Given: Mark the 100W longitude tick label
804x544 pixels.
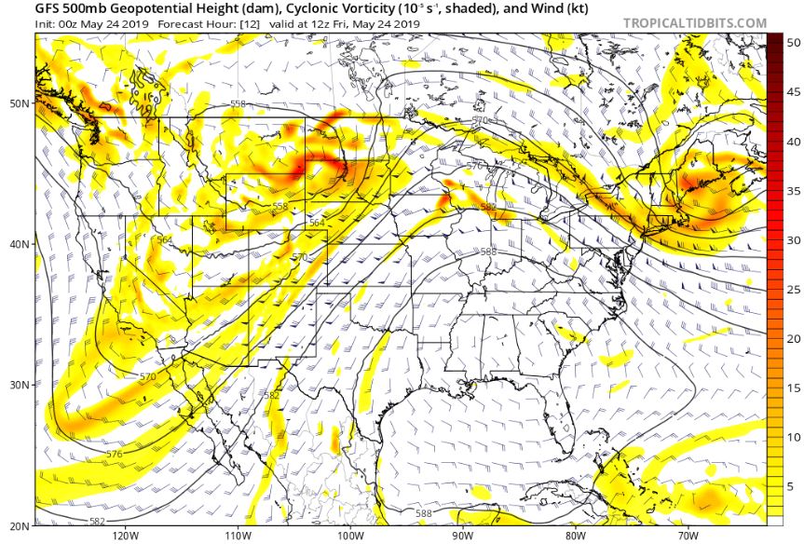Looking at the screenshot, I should (x=349, y=536).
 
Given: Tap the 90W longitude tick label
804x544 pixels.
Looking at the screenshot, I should (x=462, y=536).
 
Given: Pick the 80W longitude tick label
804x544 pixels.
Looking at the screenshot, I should (x=575, y=536).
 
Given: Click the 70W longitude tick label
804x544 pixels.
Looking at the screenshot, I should (x=688, y=536).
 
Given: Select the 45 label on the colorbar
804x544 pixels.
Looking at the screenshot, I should (x=794, y=92).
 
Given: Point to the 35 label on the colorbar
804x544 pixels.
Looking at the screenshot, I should (x=794, y=190).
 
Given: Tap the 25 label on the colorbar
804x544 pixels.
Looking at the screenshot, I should (x=794, y=289).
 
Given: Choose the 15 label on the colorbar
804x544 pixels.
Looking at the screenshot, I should (x=794, y=388).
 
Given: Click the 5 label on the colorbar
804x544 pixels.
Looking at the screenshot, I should (x=791, y=485).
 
